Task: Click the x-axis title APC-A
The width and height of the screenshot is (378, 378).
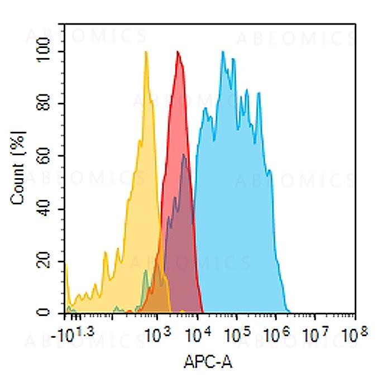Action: pos(208,362)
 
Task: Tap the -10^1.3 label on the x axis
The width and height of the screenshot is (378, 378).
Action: pos(78,336)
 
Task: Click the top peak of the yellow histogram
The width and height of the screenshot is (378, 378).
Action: pos(146,52)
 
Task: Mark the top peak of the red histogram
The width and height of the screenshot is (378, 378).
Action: pos(178,52)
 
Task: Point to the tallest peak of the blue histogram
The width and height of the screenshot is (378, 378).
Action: pos(223,52)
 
